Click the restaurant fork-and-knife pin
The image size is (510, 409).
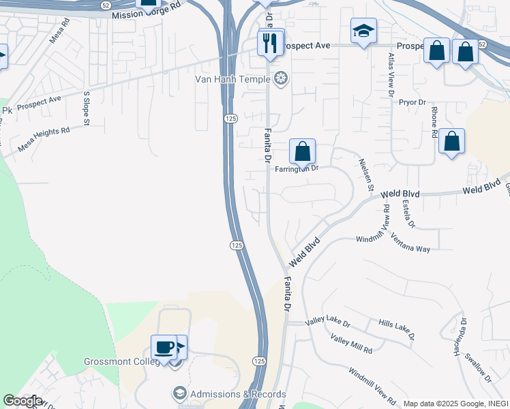[x=271, y=44]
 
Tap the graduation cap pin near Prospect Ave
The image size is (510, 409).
[x=363, y=31]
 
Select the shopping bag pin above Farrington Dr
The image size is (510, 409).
[x=303, y=151]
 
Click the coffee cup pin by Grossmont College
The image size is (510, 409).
[x=164, y=348]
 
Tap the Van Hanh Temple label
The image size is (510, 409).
[x=232, y=80]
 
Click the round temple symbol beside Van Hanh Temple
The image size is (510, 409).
[x=280, y=80]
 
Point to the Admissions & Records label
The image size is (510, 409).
[x=238, y=394]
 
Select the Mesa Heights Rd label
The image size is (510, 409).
[x=44, y=140]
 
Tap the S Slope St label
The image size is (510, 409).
[x=87, y=109]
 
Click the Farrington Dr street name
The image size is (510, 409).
[x=297, y=168]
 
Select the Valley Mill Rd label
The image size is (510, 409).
[x=351, y=344]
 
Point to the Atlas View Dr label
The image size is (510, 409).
[x=391, y=75]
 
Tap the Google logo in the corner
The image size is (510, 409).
[x=22, y=401]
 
